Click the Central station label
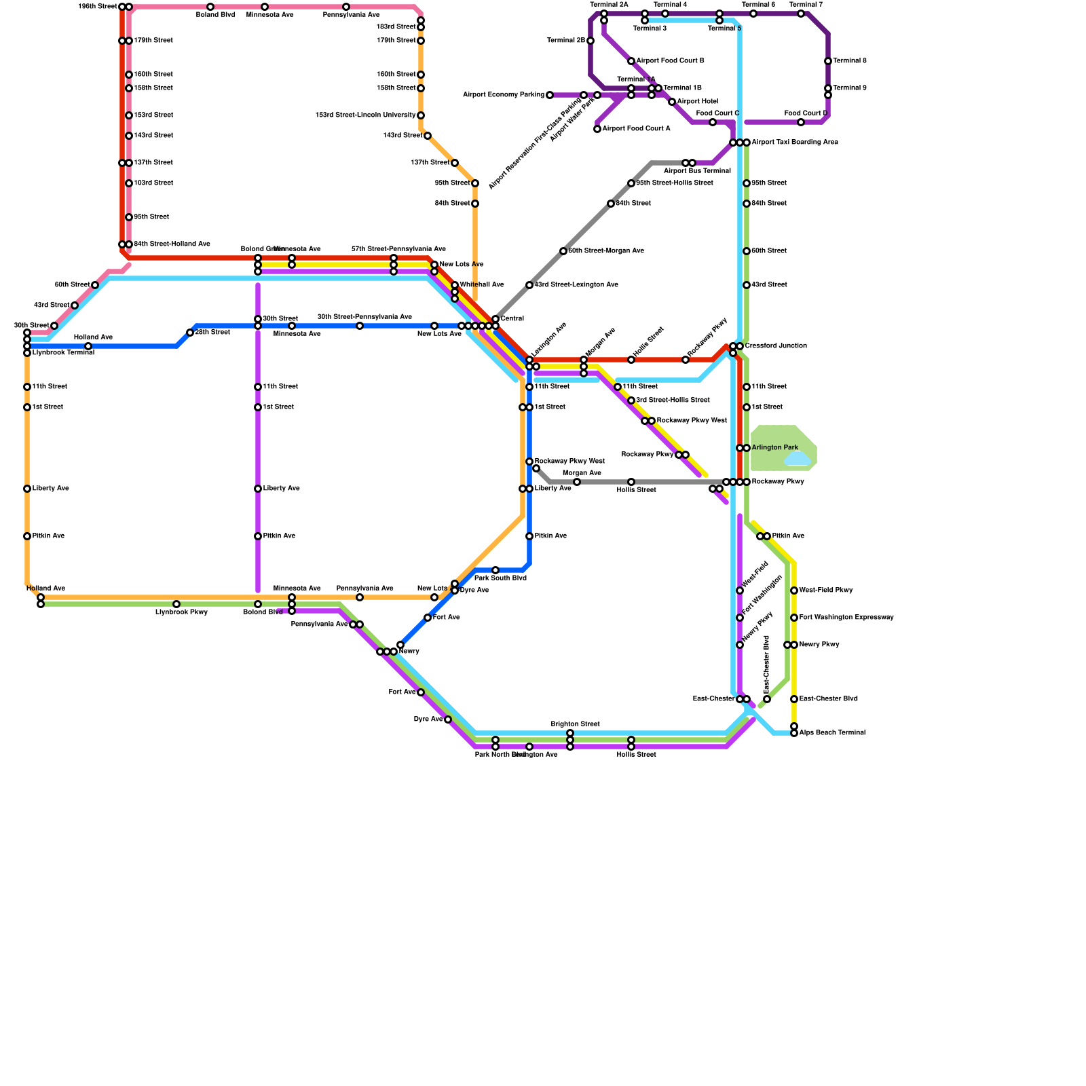(512, 319)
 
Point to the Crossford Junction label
(776, 346)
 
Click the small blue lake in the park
(798, 460)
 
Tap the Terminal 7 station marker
(801, 14)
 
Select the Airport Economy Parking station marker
(550, 95)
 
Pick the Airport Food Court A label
(636, 129)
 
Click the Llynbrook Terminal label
(63, 353)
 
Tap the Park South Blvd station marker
(495, 570)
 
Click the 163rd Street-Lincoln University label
(365, 115)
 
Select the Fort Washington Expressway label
(846, 618)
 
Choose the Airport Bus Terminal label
(697, 171)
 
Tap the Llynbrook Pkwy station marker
(176, 604)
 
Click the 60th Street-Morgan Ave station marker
(563, 251)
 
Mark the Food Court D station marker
(801, 122)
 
